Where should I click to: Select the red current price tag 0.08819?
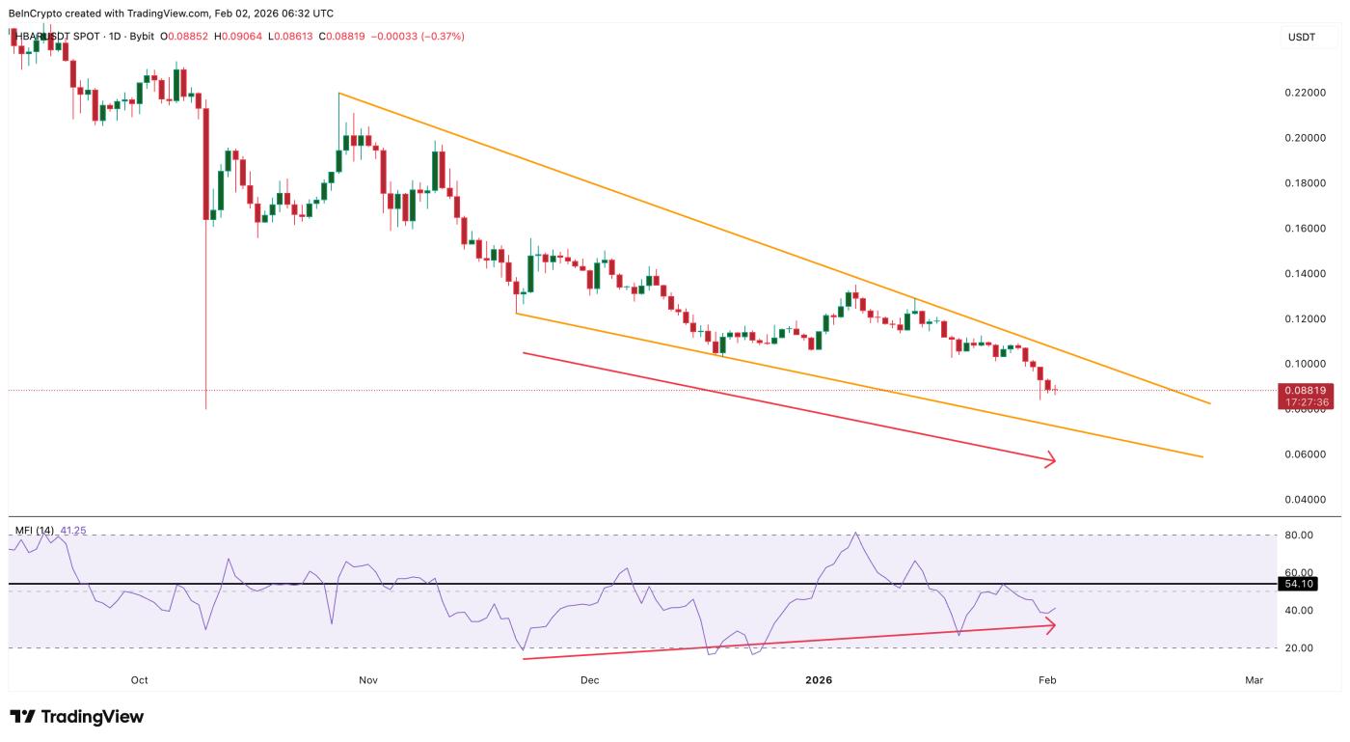coord(1309,390)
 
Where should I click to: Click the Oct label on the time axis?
coord(139,680)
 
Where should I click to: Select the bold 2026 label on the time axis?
coord(819,680)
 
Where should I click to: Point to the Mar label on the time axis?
coord(1254,680)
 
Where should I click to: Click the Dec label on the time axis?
coord(589,680)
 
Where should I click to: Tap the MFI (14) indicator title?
coord(35,531)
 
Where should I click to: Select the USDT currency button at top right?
coord(1303,37)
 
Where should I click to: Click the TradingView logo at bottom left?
coord(77,717)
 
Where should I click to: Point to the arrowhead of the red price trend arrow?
coord(1053,460)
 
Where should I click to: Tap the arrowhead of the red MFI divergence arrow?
coord(1052,625)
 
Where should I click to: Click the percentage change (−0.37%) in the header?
coord(439,36)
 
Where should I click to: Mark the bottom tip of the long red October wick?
coord(206,409)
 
